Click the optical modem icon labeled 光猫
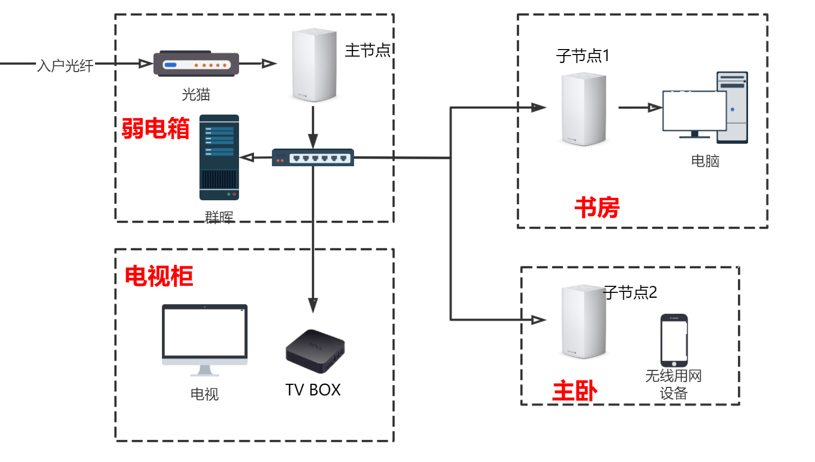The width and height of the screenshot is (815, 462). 196,64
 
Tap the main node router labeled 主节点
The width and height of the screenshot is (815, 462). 314,65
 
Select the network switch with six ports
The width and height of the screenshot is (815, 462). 313,158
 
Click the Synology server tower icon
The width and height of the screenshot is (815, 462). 219,157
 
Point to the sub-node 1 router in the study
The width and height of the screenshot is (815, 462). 583,109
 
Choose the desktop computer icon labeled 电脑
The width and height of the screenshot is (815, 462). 705,108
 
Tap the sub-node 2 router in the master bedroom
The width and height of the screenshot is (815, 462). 583,321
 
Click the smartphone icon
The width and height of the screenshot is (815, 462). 674,340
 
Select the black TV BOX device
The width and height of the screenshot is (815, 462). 315,350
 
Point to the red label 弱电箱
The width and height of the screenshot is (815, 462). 155,128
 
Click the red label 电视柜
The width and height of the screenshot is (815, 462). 158,276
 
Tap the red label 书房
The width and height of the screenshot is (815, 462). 597,207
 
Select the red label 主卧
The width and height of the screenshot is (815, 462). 574,391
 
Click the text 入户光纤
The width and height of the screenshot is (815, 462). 65,66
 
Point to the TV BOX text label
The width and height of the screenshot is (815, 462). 313,389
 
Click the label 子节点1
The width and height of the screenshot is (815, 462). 582,55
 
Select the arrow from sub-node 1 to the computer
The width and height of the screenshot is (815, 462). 640,107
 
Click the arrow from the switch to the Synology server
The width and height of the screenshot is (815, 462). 255,158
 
